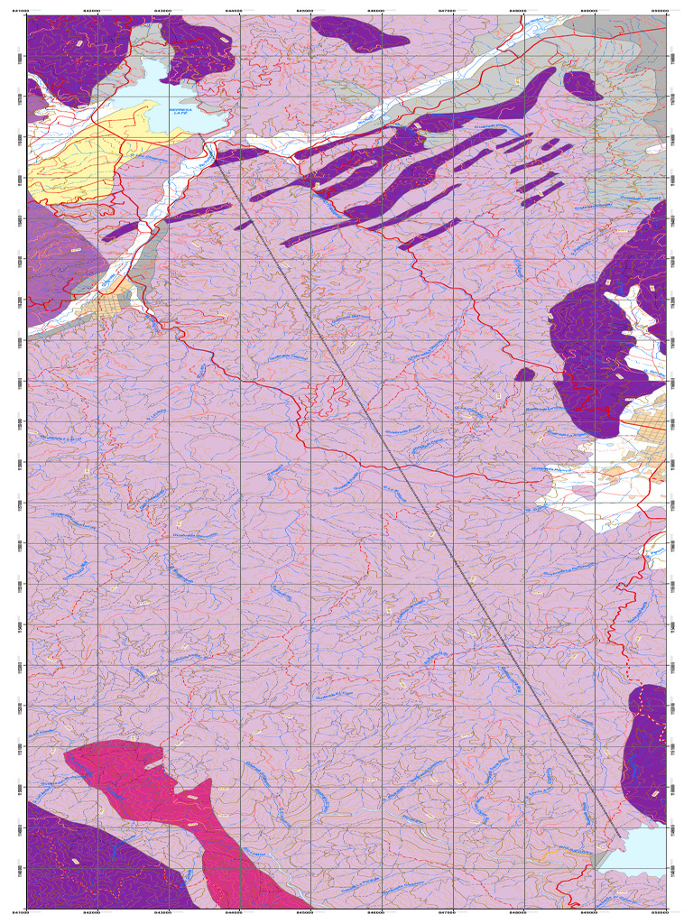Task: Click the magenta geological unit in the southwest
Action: coord(162,785)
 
